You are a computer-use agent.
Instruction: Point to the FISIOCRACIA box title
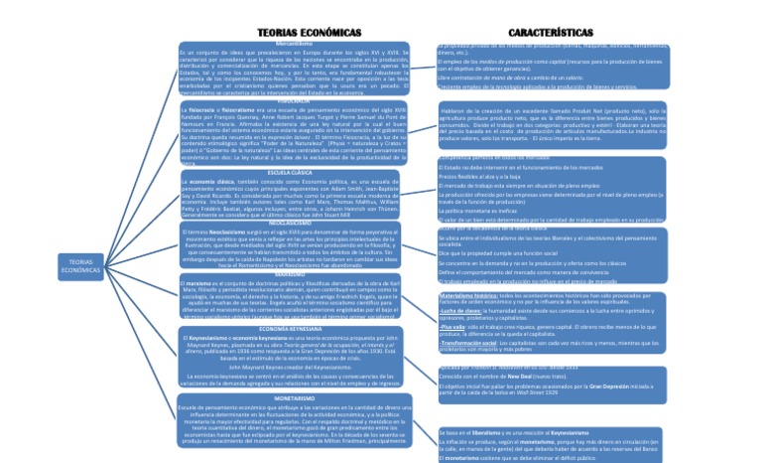pos(295,101)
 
